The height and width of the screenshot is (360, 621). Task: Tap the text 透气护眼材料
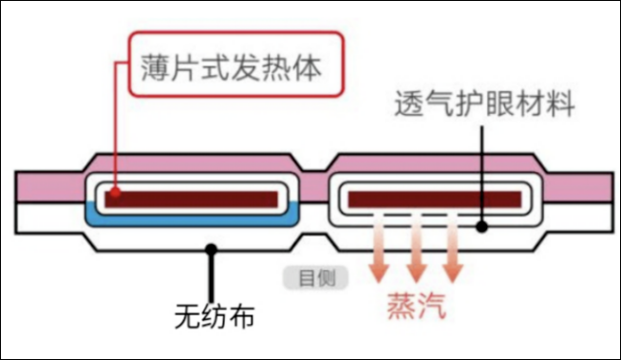point(484,105)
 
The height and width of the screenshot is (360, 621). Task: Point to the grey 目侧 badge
point(315,277)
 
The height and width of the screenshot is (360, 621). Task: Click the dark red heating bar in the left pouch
point(195,199)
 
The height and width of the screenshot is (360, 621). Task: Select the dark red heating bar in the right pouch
point(435,199)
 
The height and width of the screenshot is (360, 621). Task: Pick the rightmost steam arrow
point(452,250)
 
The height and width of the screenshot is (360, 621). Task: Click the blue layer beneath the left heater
point(195,218)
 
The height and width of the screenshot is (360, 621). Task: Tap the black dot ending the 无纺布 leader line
point(210,249)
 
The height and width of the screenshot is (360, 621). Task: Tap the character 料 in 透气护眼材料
point(560,105)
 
